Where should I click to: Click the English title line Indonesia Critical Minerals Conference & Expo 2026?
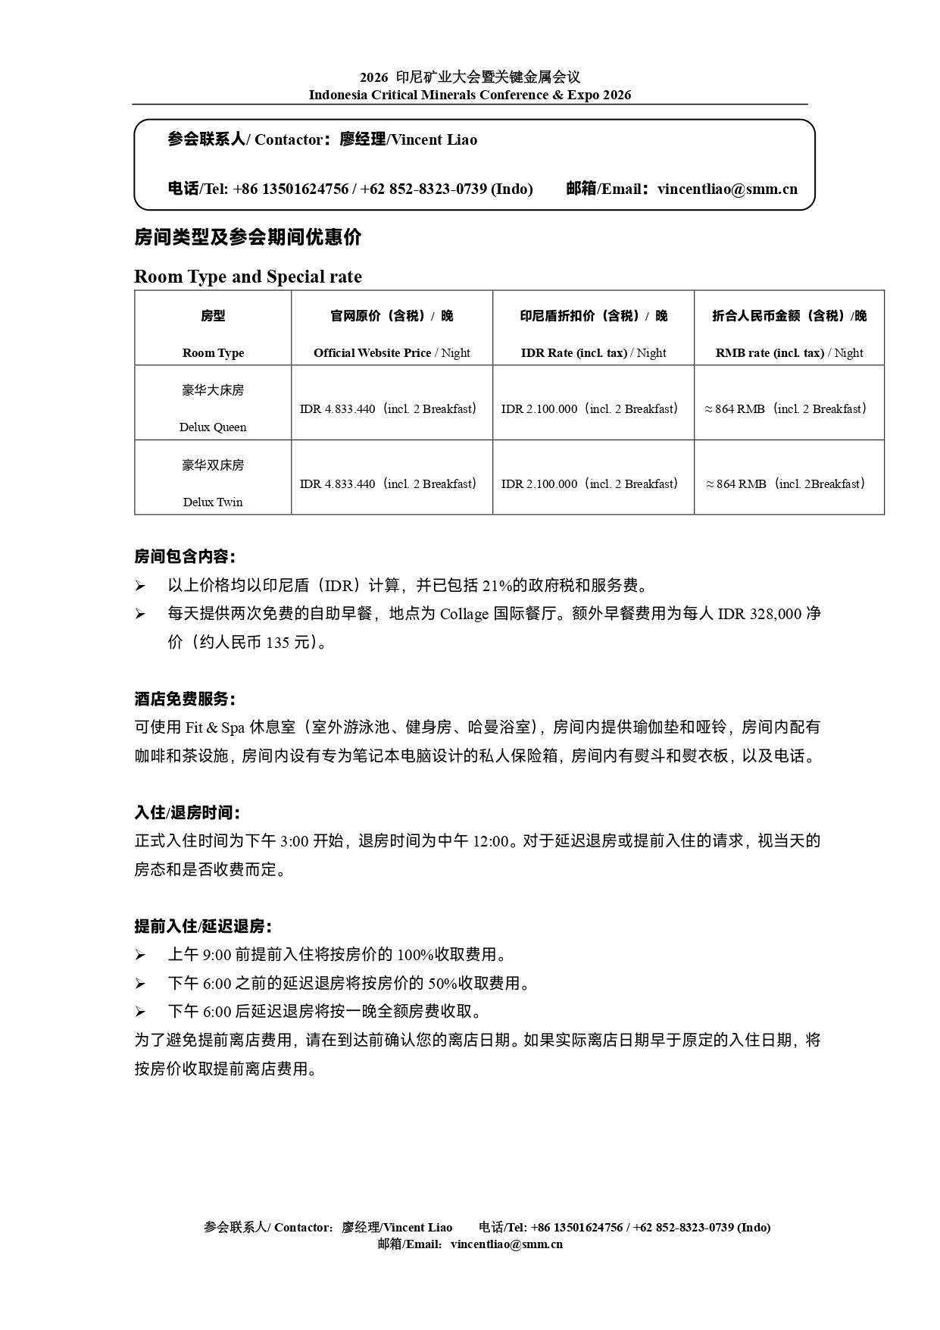[470, 95]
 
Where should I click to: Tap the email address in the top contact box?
[727, 189]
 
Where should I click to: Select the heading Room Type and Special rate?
[248, 277]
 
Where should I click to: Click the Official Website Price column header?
[392, 352]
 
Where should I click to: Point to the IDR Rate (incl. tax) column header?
[593, 352]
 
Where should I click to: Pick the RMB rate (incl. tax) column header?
[789, 352]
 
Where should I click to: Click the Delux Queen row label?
[213, 427]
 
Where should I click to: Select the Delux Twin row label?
[213, 502]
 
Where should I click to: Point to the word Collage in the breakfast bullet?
[464, 614]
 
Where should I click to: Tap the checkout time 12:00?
[490, 841]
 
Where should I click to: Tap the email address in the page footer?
[506, 1244]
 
